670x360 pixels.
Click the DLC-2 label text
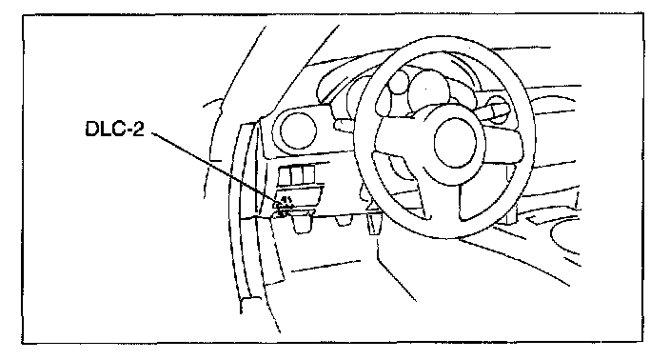coord(114,130)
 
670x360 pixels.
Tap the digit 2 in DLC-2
coord(139,130)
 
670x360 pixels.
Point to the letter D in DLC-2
coord(91,130)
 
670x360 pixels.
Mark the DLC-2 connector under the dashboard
coord(283,206)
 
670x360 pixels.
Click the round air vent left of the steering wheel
coord(297,130)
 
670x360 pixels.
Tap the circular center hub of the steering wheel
coord(456,143)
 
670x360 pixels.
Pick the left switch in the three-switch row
coord(286,175)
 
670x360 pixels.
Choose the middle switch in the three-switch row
coord(297,175)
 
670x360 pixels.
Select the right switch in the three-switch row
coord(308,174)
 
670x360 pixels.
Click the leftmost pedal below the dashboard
coord(302,223)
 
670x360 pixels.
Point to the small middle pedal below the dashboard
coord(343,221)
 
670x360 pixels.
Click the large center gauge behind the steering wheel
coord(428,92)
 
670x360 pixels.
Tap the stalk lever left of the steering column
coord(347,125)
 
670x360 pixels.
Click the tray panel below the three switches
coord(300,193)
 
